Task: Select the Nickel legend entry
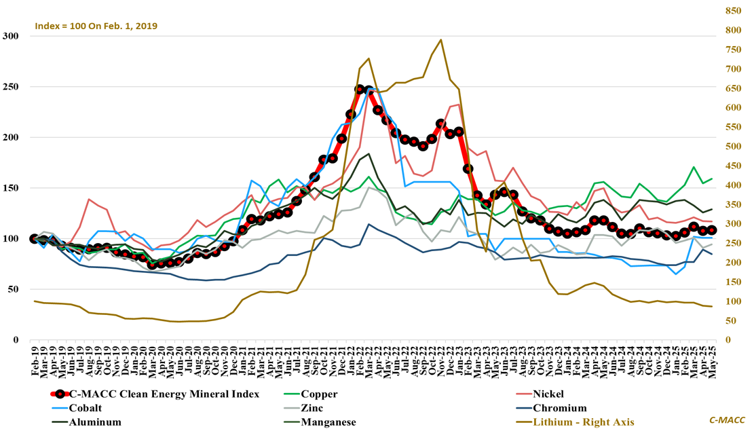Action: [548, 394]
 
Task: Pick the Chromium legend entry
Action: [559, 408]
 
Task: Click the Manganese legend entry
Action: [326, 422]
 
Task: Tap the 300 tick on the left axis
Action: [11, 36]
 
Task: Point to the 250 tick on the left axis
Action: [11, 87]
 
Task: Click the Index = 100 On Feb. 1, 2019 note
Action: [96, 26]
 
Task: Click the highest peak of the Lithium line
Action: [441, 39]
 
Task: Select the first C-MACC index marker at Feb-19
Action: [34, 239]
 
